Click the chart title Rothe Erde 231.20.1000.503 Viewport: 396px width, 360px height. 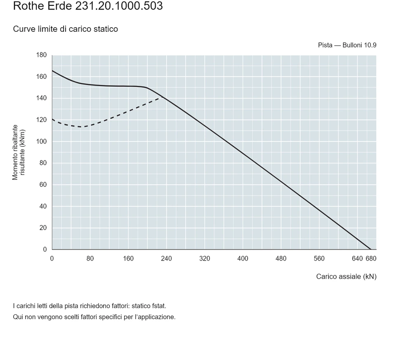pos(88,5)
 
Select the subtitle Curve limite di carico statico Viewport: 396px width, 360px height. pos(66,29)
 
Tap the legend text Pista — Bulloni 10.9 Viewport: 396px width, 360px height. pos(347,45)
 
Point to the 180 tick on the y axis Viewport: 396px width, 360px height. pos(41,55)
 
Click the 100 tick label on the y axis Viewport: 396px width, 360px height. pos(41,141)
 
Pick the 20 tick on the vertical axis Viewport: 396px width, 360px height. pos(43,228)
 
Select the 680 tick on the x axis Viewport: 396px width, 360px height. pos(371,259)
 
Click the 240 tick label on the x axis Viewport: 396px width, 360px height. pos(166,259)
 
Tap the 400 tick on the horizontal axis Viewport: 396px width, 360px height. pos(243,259)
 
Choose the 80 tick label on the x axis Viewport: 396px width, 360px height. pos(90,259)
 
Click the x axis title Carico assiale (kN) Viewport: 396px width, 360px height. pos(346,277)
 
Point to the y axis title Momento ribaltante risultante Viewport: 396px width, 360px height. pos(19,152)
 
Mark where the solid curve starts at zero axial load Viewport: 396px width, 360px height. pos(52,71)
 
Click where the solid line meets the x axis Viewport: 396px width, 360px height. pos(370,249)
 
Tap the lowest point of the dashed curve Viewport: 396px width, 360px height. pos(81,127)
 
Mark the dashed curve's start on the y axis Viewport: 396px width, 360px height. pos(52,119)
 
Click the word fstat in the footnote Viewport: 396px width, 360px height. pos(159,306)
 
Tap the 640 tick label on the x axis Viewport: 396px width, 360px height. pos(357,259)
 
